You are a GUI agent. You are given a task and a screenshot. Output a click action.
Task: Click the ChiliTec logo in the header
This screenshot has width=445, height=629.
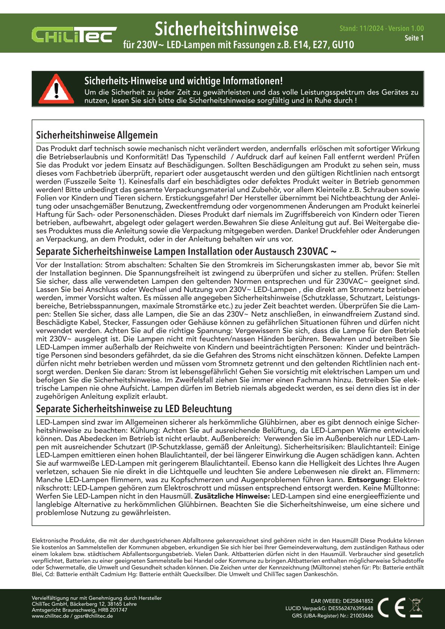point(74,35)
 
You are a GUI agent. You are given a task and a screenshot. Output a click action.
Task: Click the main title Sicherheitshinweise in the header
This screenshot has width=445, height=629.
point(226,29)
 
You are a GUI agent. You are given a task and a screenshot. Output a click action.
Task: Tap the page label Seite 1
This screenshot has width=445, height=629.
point(414,38)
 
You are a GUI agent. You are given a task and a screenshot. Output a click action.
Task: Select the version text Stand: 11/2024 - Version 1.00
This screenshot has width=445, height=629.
point(381,28)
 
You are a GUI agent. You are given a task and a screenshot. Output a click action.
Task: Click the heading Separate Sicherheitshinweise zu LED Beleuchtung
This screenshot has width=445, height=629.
point(134,408)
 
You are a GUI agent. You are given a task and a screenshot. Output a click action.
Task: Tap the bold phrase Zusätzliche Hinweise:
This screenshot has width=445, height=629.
point(232,496)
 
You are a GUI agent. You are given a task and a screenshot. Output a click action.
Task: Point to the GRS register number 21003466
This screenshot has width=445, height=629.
point(361,616)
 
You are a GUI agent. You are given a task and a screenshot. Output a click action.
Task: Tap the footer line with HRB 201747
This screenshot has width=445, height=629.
point(79,610)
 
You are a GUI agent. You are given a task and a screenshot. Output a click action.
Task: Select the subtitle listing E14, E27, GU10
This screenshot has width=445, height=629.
point(239,45)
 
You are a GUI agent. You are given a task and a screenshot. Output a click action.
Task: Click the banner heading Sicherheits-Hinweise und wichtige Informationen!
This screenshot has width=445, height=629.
point(183,81)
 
